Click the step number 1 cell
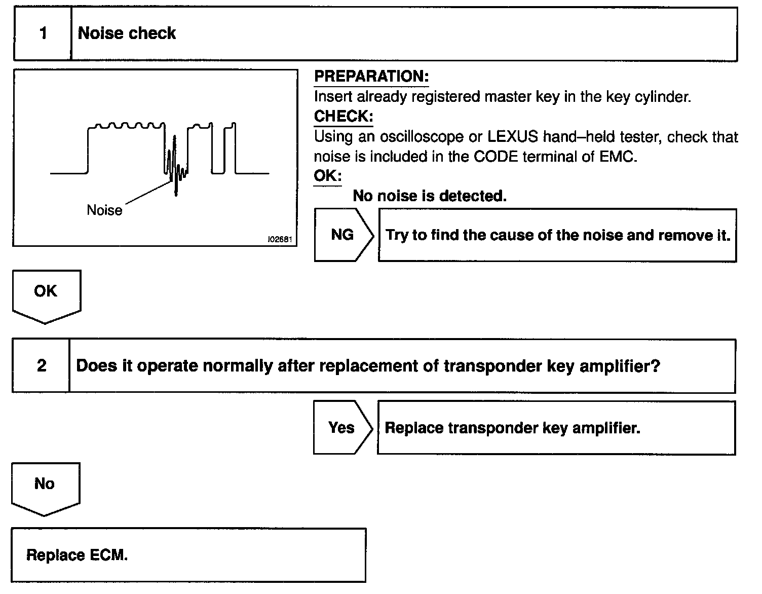click(x=43, y=34)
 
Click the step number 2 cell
click(x=41, y=366)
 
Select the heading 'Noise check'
click(x=127, y=33)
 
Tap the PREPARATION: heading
click(x=371, y=77)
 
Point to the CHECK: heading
click(x=344, y=117)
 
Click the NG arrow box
click(x=343, y=235)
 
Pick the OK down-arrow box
click(x=46, y=294)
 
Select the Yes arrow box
click(x=342, y=427)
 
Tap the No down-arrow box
click(x=45, y=487)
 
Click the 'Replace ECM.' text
click(x=77, y=555)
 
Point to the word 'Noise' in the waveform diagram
click(x=104, y=210)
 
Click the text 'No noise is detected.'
click(x=430, y=196)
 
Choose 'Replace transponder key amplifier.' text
click(x=512, y=428)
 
